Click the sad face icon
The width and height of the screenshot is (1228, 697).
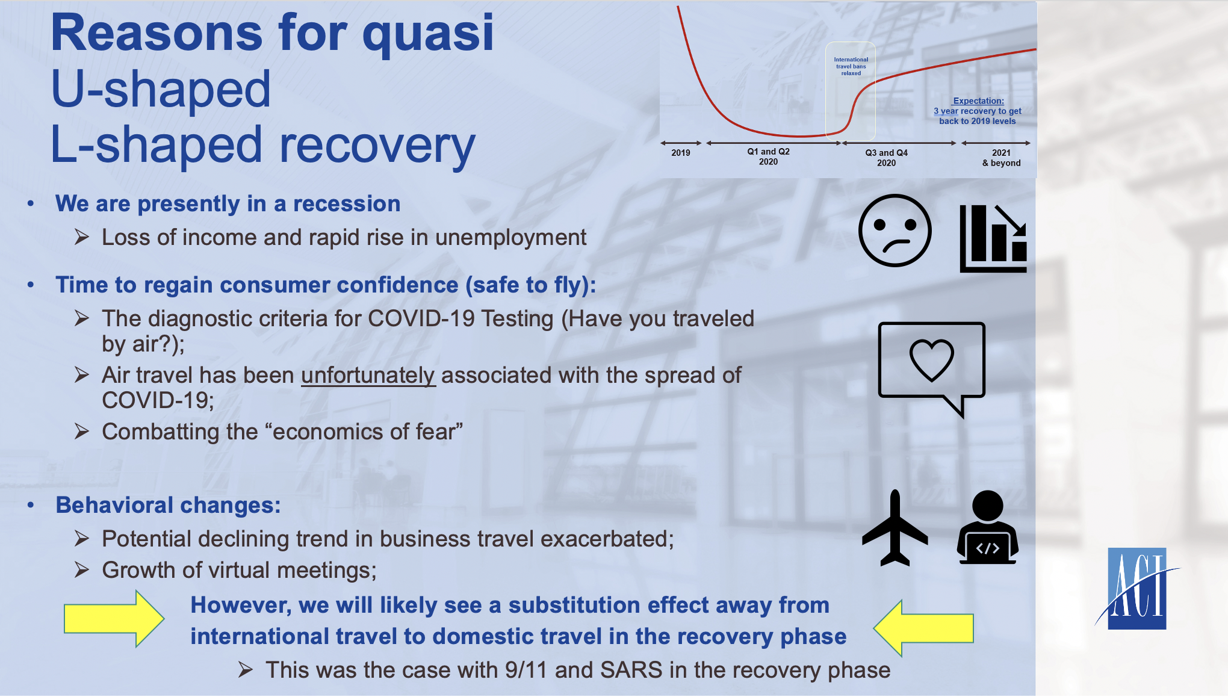[895, 231]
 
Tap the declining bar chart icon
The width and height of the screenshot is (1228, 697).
[993, 238]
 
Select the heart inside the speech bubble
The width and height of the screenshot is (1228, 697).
[931, 360]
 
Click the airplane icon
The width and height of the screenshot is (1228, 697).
[895, 528]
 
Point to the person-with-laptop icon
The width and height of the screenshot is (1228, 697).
[988, 527]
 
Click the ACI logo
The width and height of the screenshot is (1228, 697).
[1137, 588]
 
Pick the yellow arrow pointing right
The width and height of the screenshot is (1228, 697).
[114, 619]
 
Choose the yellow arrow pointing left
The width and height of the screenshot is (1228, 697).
[923, 628]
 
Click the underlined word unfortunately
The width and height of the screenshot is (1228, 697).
[368, 375]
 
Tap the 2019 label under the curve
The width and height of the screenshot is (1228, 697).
[681, 153]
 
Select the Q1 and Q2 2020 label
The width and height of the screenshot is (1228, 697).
[769, 156]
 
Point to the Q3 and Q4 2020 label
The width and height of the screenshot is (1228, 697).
[887, 158]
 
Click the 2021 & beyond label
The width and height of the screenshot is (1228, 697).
[1002, 158]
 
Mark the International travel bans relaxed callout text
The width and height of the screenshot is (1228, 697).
[851, 66]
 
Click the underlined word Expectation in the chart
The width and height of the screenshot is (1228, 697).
[978, 101]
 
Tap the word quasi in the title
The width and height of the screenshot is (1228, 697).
[428, 34]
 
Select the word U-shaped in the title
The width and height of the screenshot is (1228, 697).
[161, 89]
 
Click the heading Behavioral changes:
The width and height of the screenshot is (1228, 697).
[169, 505]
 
